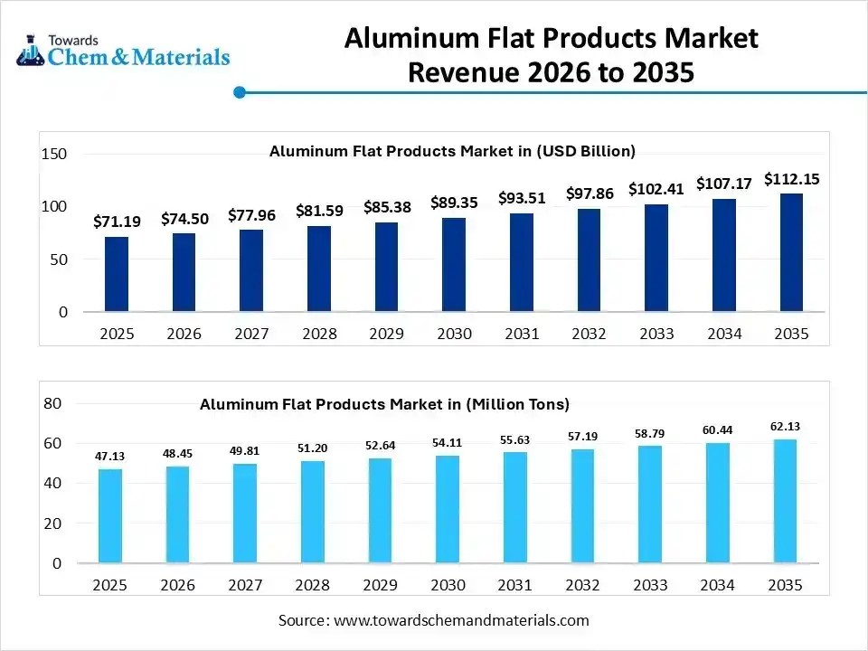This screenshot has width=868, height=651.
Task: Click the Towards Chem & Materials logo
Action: (x=123, y=52)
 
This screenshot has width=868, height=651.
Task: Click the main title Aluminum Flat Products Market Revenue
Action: (x=551, y=54)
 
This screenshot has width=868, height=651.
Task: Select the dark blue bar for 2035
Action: (x=791, y=252)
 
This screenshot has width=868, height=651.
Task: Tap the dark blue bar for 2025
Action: (x=117, y=274)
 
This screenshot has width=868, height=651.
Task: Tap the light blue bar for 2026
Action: (x=178, y=514)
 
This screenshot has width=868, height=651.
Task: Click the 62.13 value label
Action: (x=785, y=426)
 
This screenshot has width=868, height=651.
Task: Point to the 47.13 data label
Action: (x=110, y=456)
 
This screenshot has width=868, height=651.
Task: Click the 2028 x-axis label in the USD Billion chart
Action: (x=319, y=334)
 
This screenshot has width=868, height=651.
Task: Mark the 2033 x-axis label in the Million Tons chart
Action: (x=650, y=585)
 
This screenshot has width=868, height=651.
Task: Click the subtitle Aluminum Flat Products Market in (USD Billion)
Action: (x=452, y=151)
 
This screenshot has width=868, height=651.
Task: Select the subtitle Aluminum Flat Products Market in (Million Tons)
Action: (x=384, y=404)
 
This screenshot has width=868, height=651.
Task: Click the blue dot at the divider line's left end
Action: (x=240, y=91)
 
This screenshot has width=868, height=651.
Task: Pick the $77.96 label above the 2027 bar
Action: (x=251, y=215)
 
